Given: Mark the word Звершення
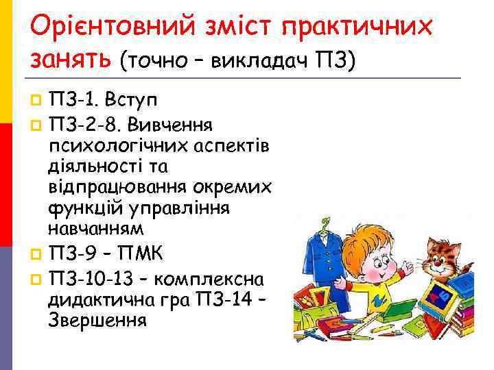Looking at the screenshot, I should coord(97,319).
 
